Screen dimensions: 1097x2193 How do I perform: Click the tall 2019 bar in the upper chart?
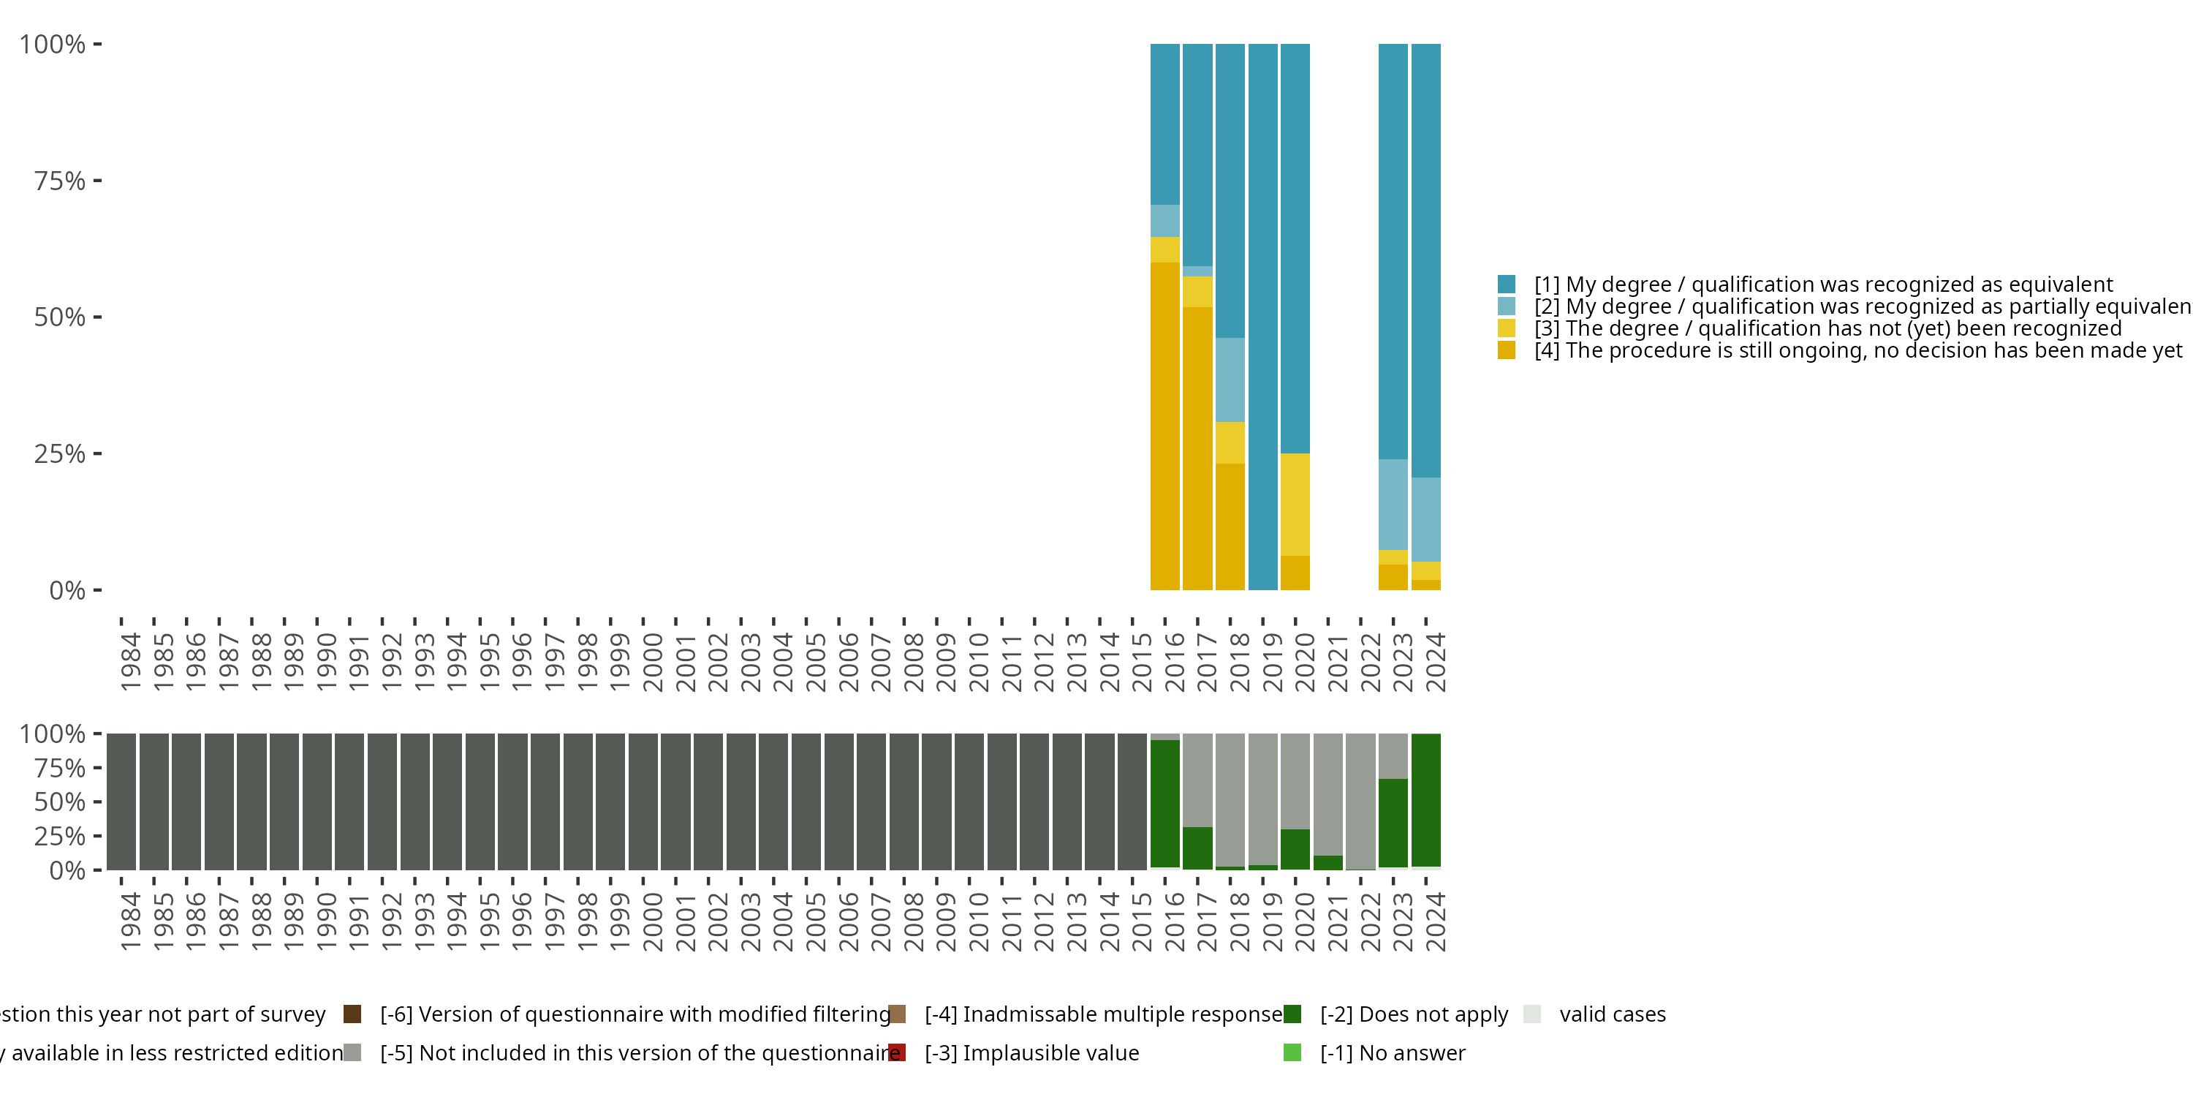(1262, 316)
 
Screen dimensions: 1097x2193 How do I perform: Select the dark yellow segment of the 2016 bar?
(1164, 426)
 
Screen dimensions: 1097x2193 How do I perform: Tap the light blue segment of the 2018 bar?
(1230, 380)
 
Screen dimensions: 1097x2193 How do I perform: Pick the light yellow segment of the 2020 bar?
(1295, 504)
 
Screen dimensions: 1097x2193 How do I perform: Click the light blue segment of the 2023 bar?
(1393, 504)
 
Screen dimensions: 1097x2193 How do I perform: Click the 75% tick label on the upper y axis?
(60, 181)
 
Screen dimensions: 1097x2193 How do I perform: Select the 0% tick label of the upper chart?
(67, 590)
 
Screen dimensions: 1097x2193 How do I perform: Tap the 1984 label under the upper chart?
(130, 662)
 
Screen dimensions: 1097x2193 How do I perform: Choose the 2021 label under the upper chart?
(1338, 662)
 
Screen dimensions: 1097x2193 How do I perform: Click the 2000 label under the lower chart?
(652, 921)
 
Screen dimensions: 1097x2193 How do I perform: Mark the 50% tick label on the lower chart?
(60, 802)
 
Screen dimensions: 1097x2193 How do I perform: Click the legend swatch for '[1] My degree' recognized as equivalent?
(1506, 284)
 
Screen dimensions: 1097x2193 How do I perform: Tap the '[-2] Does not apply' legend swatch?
(1292, 1014)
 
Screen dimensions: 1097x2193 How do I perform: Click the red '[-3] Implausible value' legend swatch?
(896, 1052)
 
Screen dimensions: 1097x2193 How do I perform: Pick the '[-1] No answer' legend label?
(1393, 1052)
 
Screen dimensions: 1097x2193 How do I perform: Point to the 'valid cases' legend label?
(1613, 1014)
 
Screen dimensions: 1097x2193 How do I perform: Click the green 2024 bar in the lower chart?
(1426, 800)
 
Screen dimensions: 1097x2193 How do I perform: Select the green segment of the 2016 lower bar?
(1164, 803)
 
